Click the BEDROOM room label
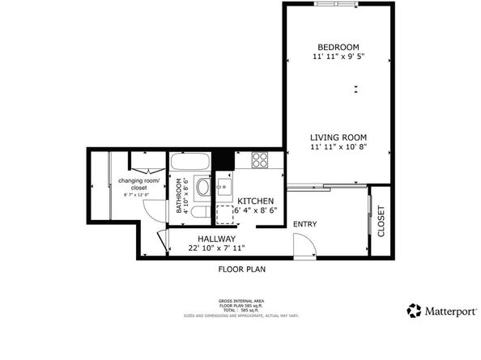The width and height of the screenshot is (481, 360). coord(338,47)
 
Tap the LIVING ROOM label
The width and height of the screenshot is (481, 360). coord(338,138)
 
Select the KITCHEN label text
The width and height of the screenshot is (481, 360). coord(255,201)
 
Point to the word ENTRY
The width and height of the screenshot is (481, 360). coord(304,224)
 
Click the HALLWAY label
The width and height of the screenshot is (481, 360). coord(216,239)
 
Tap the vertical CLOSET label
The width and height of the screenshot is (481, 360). coord(381,221)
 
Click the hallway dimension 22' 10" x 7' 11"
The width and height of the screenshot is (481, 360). coord(216,248)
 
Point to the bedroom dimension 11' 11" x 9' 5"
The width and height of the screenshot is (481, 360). coord(338,57)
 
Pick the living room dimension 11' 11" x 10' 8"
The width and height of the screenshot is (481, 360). coord(338,147)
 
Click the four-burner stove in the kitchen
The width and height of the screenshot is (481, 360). coord(260,159)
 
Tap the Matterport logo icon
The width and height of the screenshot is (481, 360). coord(414,310)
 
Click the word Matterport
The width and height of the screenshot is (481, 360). coord(447,311)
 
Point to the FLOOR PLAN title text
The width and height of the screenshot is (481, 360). coord(241,269)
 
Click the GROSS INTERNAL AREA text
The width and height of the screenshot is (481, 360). coord(241,299)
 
